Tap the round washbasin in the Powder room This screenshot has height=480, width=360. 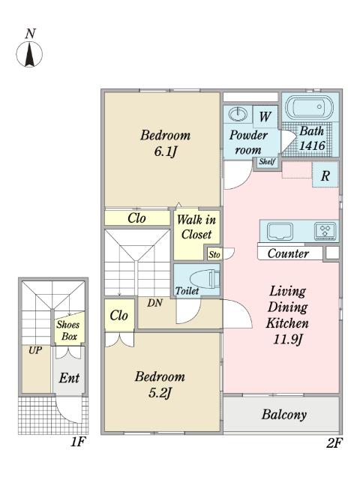point(237,115)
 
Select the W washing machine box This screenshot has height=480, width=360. point(264,116)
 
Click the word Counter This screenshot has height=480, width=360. point(288,253)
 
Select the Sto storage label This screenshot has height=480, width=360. point(214,255)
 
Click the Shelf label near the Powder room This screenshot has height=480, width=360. point(266,162)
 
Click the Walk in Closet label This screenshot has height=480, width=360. point(196,226)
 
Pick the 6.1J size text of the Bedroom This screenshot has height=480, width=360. point(164,151)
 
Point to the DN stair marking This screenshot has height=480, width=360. point(154,303)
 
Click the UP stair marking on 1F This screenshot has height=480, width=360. point(34,350)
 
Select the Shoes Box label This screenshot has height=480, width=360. point(68,331)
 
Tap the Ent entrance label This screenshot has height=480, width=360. point(69,379)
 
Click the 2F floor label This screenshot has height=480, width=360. point(334,442)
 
